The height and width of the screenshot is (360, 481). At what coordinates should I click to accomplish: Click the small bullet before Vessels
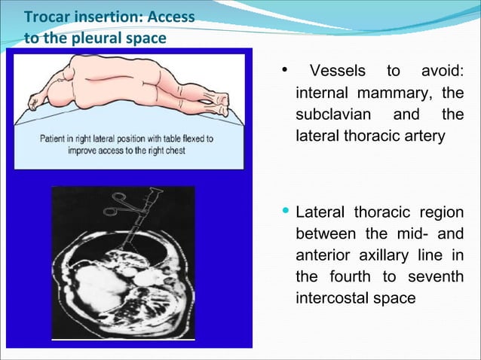pyautogui.click(x=285, y=71)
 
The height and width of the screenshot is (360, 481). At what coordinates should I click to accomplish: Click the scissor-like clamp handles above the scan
pyautogui.click(x=121, y=203)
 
